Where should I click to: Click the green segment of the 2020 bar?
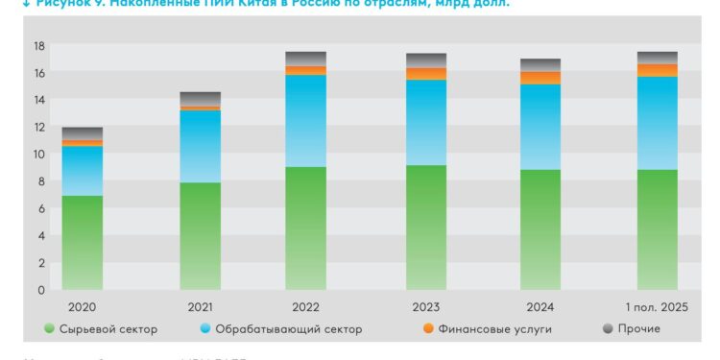[x=83, y=243]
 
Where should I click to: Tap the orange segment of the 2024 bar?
[x=540, y=78]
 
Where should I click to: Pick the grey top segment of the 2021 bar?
[x=201, y=99]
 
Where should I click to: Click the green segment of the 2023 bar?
[x=425, y=228]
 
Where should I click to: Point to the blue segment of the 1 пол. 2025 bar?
[x=657, y=123]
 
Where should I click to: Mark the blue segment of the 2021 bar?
[x=201, y=147]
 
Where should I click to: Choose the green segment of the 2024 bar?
[x=540, y=229]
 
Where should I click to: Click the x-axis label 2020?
[x=83, y=307]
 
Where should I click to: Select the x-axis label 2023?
[x=425, y=307]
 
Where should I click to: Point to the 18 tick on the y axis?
[x=38, y=45]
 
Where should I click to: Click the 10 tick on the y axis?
[x=38, y=154]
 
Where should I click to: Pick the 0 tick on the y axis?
[x=41, y=290]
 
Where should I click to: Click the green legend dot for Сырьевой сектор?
[x=49, y=329]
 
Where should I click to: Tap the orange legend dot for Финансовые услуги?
[x=427, y=329]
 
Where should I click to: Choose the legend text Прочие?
[x=639, y=329]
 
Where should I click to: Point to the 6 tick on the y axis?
[x=41, y=208]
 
